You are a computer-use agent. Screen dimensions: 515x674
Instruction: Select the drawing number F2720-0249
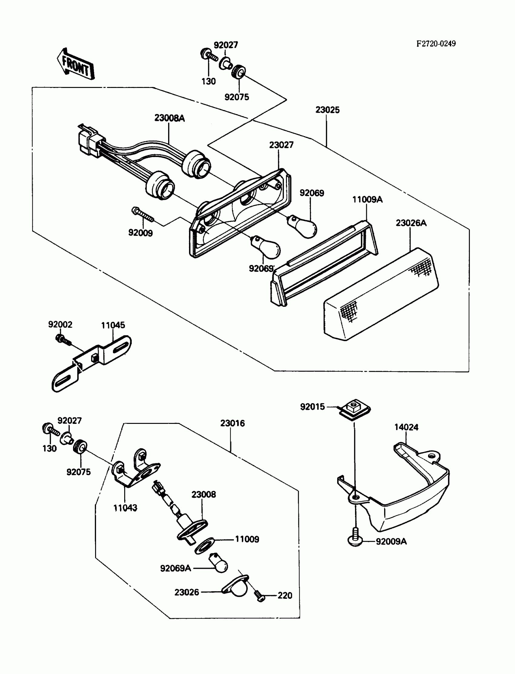tap(436, 44)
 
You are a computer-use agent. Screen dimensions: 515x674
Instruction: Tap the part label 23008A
tap(170, 118)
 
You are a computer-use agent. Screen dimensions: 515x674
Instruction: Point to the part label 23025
tap(327, 110)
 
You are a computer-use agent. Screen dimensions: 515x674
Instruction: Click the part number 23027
tap(281, 145)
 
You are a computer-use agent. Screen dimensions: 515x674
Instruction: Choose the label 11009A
tap(367, 200)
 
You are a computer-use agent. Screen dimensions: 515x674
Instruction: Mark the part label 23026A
tap(411, 223)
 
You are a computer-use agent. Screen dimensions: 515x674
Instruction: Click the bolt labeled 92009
tap(143, 214)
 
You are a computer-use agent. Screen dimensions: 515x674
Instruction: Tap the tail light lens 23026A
tap(381, 294)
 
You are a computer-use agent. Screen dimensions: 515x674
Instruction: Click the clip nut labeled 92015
tap(355, 410)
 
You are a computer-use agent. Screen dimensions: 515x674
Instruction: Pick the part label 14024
tap(406, 427)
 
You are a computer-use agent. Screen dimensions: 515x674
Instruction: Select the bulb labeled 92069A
tap(218, 563)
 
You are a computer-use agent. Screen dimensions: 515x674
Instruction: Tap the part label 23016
tap(232, 423)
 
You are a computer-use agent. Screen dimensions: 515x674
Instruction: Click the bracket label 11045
tap(113, 325)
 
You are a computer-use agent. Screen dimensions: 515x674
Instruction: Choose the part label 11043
tap(125, 508)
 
